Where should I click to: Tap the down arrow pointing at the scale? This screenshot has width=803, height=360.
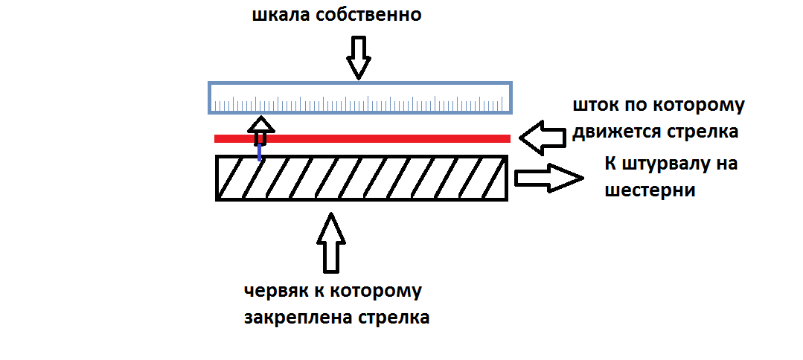click(359, 58)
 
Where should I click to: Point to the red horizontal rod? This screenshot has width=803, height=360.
click(362, 138)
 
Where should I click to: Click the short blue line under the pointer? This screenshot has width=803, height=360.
click(260, 152)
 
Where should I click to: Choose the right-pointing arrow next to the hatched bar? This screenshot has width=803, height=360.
click(549, 179)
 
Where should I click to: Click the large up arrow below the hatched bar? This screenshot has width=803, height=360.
click(331, 242)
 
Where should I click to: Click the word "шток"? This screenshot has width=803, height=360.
click(595, 106)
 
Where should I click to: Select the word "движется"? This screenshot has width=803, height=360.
click(616, 132)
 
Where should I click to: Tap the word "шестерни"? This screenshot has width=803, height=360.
click(650, 190)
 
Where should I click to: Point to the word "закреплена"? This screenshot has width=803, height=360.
click(293, 318)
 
